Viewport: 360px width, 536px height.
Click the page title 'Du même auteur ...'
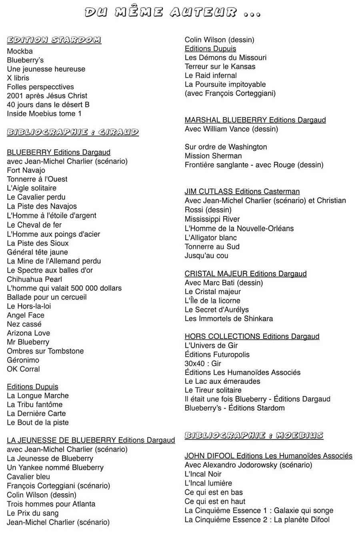[x=172, y=12]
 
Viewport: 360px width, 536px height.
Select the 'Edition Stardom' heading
[x=54, y=40]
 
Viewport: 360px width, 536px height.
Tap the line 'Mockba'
[x=20, y=51]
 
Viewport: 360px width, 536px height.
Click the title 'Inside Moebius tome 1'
[x=44, y=114]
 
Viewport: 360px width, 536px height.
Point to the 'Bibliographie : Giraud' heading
[x=73, y=132]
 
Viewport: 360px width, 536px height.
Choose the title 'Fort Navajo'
[x=26, y=171]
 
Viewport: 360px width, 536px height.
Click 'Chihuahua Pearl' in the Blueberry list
[x=34, y=279]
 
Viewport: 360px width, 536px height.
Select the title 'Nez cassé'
[x=24, y=324]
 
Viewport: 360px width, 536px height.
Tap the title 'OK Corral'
[x=23, y=369]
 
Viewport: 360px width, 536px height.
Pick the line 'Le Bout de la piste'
[x=38, y=423]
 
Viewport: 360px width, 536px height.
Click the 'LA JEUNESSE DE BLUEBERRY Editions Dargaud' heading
[x=91, y=440]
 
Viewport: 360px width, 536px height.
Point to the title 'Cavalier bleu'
[x=28, y=477]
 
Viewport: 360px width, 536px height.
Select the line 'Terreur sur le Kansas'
[x=220, y=67]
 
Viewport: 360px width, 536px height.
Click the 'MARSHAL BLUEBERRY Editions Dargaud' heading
[x=255, y=120]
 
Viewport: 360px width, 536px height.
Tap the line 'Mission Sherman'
[x=213, y=156]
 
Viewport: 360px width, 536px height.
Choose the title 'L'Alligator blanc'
[x=211, y=238]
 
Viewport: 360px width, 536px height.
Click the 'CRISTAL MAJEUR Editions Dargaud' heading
[x=246, y=274]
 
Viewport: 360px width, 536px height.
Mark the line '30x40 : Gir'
[x=203, y=363]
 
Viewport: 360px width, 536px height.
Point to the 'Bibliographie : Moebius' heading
[x=254, y=436]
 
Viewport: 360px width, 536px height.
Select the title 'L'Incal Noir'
[x=203, y=474]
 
